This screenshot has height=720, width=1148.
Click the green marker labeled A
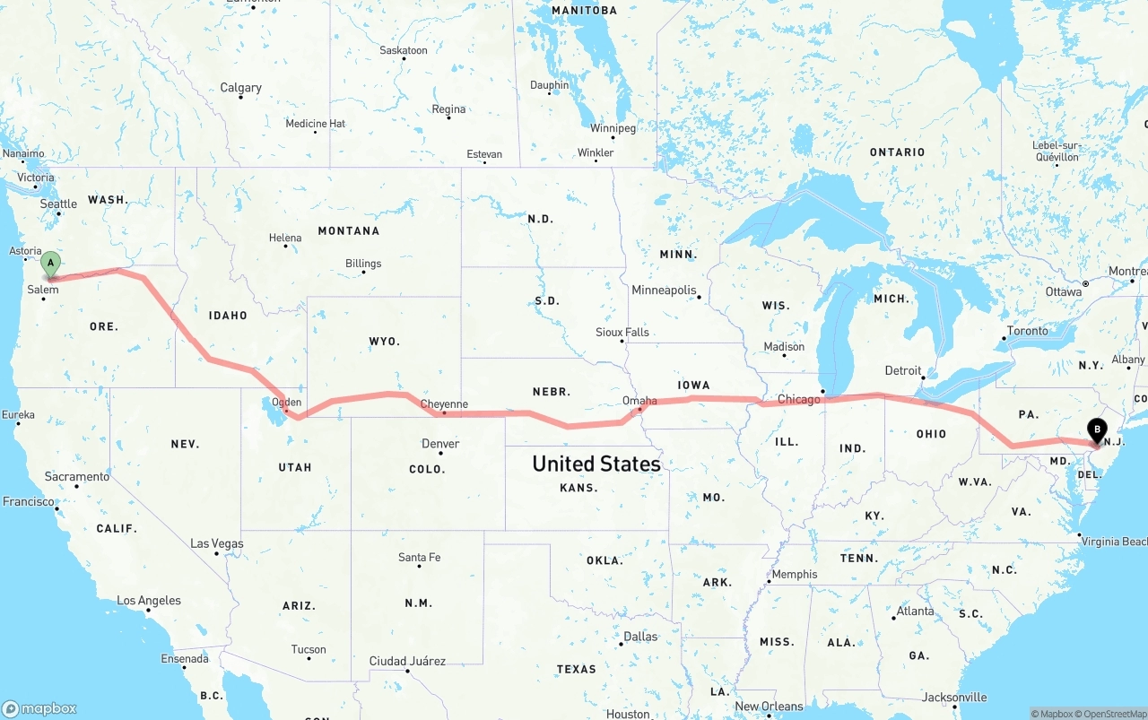[x=51, y=264]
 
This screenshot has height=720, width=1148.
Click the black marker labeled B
[x=1096, y=430]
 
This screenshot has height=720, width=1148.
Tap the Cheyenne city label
[x=444, y=404]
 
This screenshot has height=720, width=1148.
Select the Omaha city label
[x=639, y=401]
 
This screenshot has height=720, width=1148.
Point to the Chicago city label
[x=798, y=399]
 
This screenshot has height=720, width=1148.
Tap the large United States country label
[x=596, y=464]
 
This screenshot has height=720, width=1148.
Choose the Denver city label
[x=440, y=444]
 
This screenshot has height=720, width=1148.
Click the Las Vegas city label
[x=216, y=543]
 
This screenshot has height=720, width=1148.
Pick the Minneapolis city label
[x=664, y=291]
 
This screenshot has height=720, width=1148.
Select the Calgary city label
[x=241, y=88]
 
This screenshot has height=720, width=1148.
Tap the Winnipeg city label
[x=613, y=128]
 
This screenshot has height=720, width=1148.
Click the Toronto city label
[x=1027, y=331]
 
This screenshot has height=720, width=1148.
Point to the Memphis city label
[x=795, y=574]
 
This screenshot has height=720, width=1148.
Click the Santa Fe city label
[x=419, y=558]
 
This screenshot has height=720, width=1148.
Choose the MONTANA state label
[x=349, y=231]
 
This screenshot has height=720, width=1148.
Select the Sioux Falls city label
[x=622, y=333]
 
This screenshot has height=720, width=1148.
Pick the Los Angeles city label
[x=149, y=601]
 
